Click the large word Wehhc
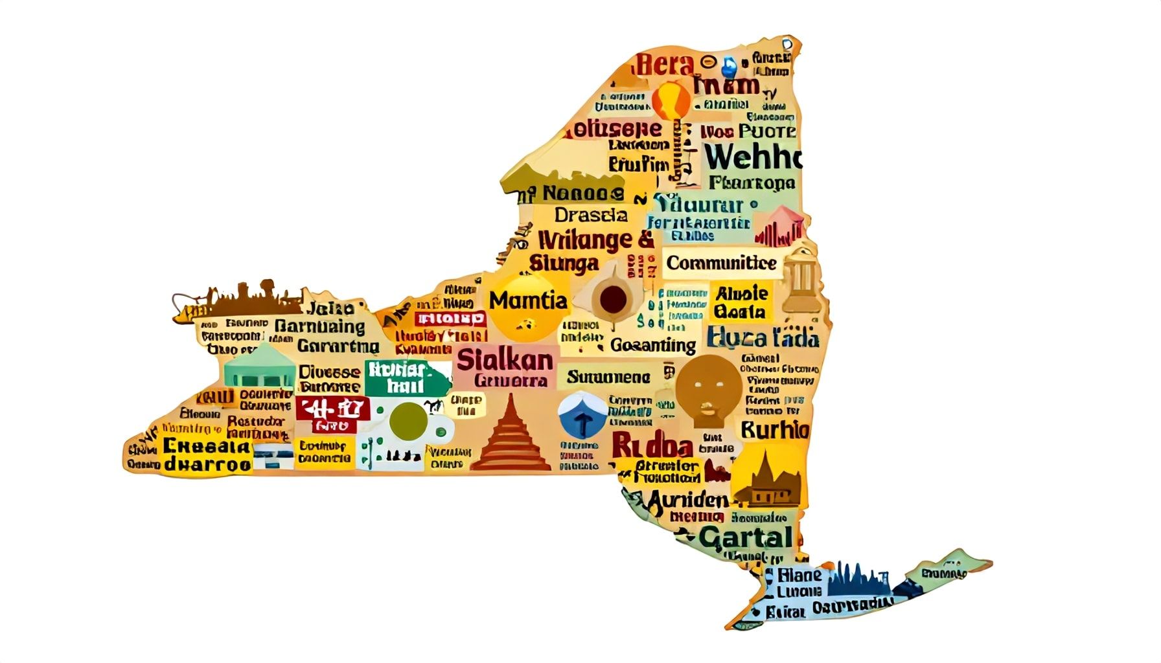pyautogui.click(x=752, y=157)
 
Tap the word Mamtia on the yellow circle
pyautogui.click(x=528, y=300)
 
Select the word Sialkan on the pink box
pyautogui.click(x=505, y=360)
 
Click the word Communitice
pyautogui.click(x=721, y=263)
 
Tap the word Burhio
pyautogui.click(x=774, y=430)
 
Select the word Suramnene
pyautogui.click(x=608, y=377)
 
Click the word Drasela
pyautogui.click(x=591, y=215)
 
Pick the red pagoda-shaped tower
pyautogui.click(x=510, y=437)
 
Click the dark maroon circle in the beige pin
pyautogui.click(x=613, y=299)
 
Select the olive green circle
pyautogui.click(x=408, y=421)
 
